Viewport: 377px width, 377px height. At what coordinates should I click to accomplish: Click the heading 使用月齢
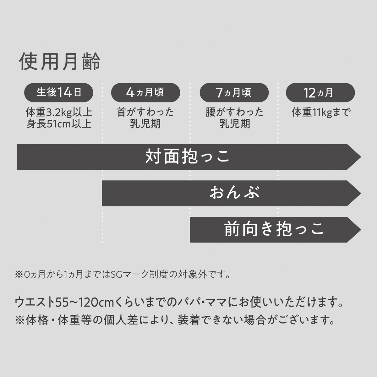[x=60, y=61]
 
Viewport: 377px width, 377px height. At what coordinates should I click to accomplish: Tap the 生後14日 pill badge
[x=59, y=92]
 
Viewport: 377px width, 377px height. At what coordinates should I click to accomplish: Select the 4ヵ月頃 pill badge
[x=145, y=92]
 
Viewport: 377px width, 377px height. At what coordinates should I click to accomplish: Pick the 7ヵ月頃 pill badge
[x=234, y=92]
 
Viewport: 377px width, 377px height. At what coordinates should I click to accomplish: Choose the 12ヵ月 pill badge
[x=320, y=93]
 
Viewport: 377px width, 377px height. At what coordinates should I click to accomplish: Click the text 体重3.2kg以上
[x=59, y=112]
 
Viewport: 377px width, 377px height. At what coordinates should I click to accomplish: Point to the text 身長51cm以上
[x=59, y=123]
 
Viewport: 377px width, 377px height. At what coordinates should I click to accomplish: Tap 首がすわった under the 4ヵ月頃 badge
[x=145, y=112]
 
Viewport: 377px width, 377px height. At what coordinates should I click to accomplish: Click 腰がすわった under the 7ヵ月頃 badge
[x=234, y=112]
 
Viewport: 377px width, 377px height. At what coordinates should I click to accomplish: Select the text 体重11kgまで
[x=320, y=112]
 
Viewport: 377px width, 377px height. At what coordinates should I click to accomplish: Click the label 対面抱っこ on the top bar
[x=188, y=157]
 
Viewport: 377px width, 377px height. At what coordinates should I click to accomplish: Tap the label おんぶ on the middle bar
[x=234, y=193]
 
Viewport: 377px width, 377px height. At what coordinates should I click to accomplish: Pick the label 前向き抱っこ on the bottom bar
[x=274, y=229]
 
